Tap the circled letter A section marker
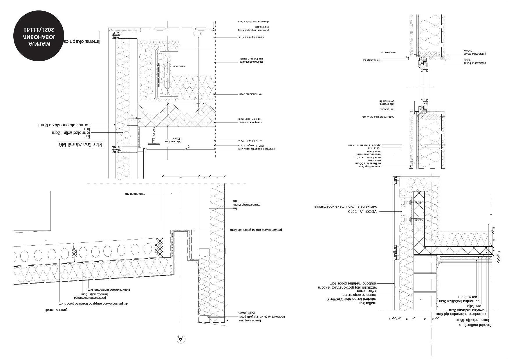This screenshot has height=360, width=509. pyautogui.click(x=181, y=339)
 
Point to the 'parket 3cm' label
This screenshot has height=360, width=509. pyautogui.click(x=465, y=297)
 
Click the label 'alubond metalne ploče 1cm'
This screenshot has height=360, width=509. pyautogui.click(x=353, y=283)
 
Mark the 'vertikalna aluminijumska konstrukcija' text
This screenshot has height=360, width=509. pyautogui.click(x=345, y=206)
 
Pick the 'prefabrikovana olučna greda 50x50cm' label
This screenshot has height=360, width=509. pyautogui.click(x=256, y=230)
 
